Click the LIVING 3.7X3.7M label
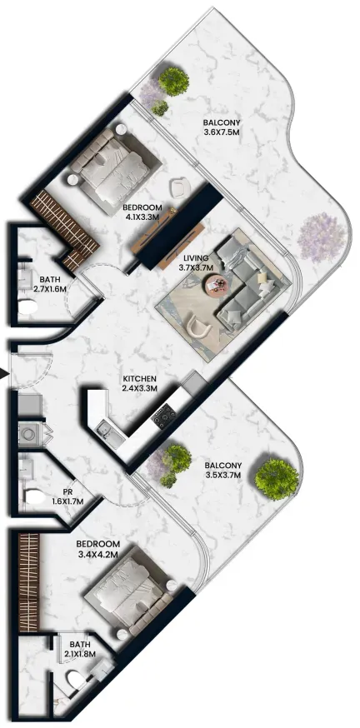196,262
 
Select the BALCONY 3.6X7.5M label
222,127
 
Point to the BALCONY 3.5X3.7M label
224,470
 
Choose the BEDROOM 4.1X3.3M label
142,212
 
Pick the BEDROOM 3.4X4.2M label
98,548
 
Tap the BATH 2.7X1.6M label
49,284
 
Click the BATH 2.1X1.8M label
79,649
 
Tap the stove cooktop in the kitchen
164,415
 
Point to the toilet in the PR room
35,497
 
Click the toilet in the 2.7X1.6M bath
27,307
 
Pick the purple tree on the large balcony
322,238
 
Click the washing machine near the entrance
30,435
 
